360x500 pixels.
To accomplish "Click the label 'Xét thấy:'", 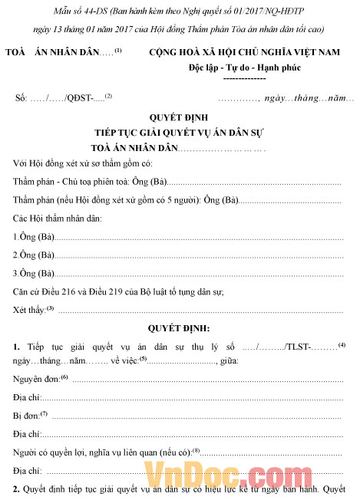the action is coord(30,309).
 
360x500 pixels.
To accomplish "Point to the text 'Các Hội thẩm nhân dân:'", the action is coord(58,219).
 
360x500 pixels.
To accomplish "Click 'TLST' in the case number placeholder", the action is coord(296,347).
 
